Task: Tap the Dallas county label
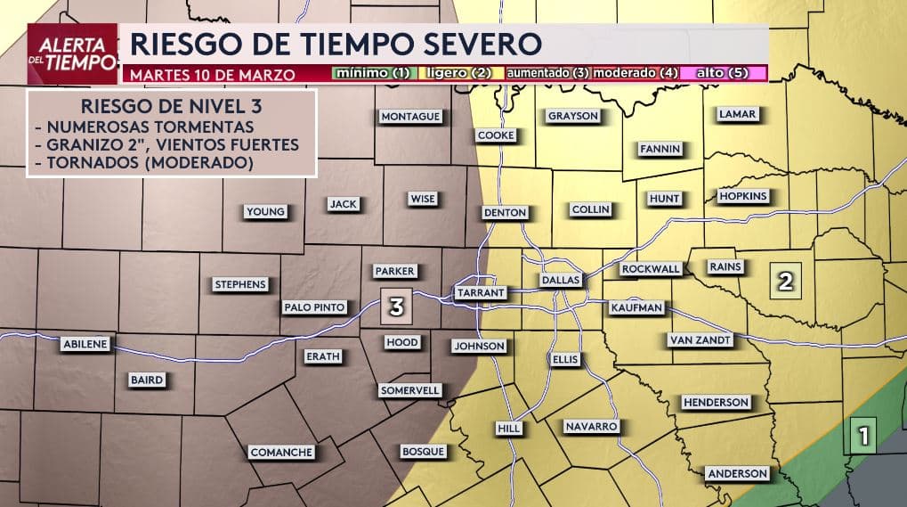561,280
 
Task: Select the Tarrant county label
481,292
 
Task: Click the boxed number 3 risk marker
397,307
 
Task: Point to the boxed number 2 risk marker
786,282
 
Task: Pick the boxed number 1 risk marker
862,436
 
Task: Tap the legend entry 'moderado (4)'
636,73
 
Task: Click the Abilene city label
85,344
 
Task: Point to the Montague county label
410,117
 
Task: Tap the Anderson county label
736,473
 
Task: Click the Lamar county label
736,114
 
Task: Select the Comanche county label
281,452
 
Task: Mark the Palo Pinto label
314,307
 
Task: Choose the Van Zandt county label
700,339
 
